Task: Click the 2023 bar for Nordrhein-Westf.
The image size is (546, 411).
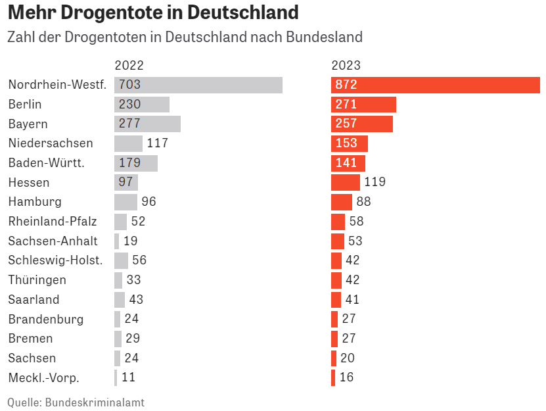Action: [435, 85]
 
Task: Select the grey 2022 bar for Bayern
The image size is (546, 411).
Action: [147, 124]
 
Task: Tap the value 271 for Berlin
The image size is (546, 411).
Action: [346, 105]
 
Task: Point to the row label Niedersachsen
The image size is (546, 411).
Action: [51, 143]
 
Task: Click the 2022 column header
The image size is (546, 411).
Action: [129, 65]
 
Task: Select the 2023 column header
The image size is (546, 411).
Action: [346, 65]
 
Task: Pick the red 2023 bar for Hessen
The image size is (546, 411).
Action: [345, 182]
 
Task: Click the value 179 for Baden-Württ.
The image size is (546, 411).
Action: [130, 163]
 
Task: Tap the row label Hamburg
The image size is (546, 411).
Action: [35, 202]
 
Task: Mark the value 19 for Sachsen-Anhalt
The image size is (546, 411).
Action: [131, 241]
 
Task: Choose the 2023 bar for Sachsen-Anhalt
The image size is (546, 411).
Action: [338, 241]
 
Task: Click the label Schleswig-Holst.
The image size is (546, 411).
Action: [55, 260]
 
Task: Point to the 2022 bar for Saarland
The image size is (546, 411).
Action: [119, 299]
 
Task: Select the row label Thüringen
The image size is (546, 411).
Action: [37, 280]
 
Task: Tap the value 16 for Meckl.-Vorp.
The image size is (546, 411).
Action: [346, 377]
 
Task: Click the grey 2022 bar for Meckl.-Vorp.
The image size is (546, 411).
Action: [116, 377]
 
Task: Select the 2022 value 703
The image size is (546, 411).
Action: [130, 85]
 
